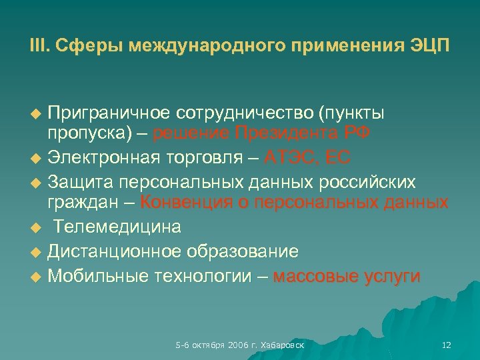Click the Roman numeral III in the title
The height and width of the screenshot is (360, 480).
pos(38,46)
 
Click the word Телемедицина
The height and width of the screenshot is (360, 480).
pos(117,227)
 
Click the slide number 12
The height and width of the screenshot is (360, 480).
pos(447,345)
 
